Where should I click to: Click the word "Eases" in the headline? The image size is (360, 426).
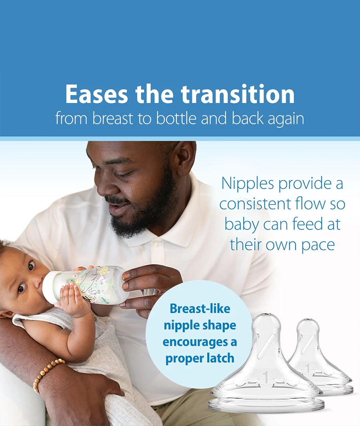96,94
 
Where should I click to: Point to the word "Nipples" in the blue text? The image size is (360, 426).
248,184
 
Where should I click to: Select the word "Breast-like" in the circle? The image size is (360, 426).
200,309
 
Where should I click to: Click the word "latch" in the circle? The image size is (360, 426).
220,358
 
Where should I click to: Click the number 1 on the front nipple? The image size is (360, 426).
266,377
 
